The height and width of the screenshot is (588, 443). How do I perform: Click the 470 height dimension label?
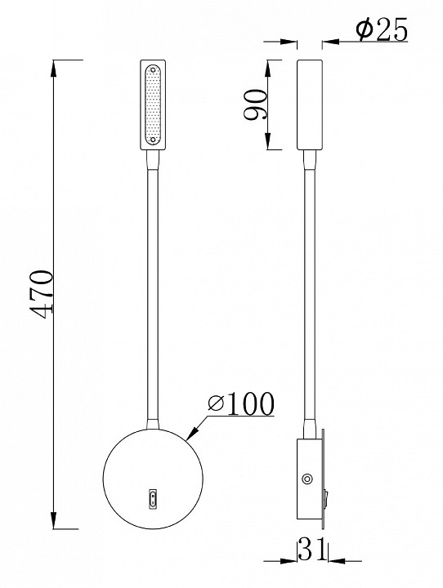click(42, 294)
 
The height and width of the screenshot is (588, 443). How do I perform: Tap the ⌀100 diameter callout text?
click(241, 404)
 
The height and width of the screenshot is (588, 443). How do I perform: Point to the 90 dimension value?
click(256, 105)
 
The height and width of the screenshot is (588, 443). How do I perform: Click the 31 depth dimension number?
click(312, 550)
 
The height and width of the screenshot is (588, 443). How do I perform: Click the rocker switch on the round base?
click(153, 499)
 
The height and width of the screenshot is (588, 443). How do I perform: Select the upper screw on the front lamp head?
click(153, 69)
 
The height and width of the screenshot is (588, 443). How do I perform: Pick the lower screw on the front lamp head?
click(153, 140)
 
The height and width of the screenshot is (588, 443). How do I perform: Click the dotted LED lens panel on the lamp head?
click(153, 105)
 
